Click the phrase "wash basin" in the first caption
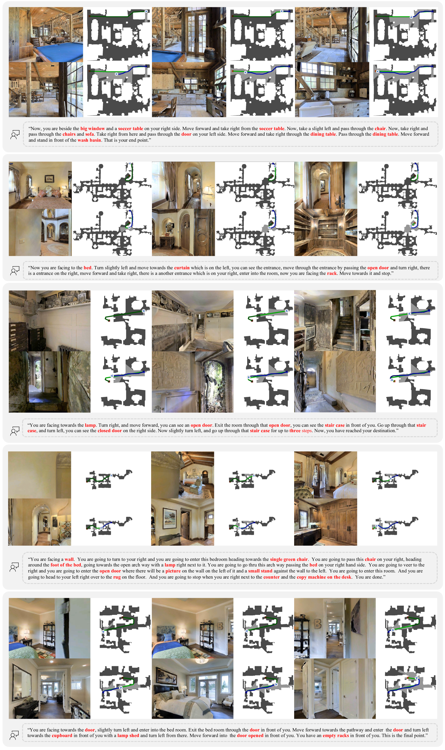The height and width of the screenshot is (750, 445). [x=89, y=140]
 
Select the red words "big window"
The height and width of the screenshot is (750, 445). [x=92, y=129]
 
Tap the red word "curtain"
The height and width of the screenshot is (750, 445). [x=182, y=268]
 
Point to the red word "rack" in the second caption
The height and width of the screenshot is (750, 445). [x=332, y=273]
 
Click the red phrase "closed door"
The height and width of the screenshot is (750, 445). [x=110, y=431]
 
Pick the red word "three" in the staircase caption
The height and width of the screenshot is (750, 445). [x=295, y=431]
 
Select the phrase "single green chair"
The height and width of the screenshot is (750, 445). [x=289, y=559]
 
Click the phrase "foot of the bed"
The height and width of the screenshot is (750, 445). [x=66, y=565]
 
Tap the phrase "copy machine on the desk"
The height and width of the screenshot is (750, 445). [x=324, y=577]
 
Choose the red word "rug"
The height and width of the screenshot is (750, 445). [x=117, y=577]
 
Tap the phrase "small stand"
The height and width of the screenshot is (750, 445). [x=260, y=571]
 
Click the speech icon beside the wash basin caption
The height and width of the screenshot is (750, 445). [x=15, y=135]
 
